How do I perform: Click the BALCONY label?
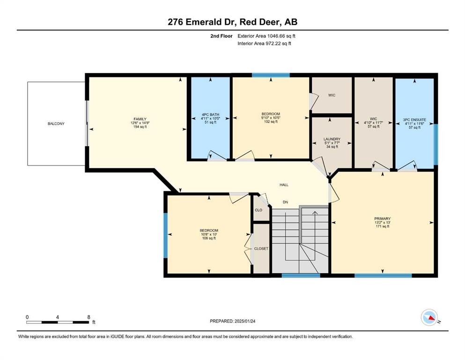pyautogui.click(x=56, y=123)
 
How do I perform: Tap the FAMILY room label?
pyautogui.click(x=140, y=119)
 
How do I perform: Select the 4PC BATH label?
pyautogui.click(x=211, y=114)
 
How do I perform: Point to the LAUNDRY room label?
pyautogui.click(x=332, y=139)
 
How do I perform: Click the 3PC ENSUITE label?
pyautogui.click(x=414, y=120)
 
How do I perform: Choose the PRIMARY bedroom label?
pyautogui.click(x=383, y=219)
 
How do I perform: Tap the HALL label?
pyautogui.click(x=284, y=185)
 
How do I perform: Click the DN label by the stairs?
pyautogui.click(x=285, y=202)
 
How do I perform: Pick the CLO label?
pyautogui.click(x=258, y=210)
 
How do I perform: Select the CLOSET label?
pyautogui.click(x=261, y=249)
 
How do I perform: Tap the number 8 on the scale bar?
pyautogui.click(x=89, y=317)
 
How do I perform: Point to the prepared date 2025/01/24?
pyautogui.click(x=245, y=321)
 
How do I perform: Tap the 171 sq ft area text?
pyautogui.click(x=383, y=226)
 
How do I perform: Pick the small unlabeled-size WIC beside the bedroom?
pyautogui.click(x=332, y=95)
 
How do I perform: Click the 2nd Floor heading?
pyautogui.click(x=221, y=36)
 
